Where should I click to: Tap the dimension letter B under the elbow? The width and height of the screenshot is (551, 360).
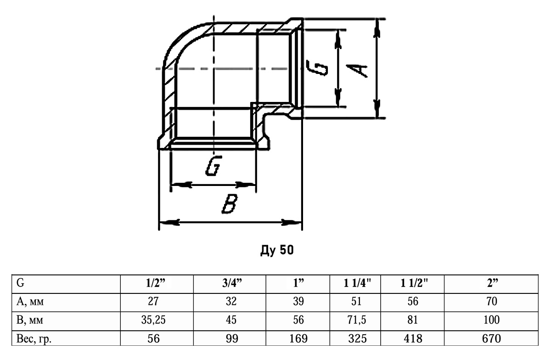(x=230, y=203)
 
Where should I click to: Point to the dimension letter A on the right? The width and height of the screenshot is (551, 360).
(x=357, y=71)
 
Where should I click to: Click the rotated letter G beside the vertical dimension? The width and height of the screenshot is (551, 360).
(x=317, y=68)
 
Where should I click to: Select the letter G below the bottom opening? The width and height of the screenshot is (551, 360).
(x=214, y=166)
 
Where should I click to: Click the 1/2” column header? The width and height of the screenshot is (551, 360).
(x=156, y=283)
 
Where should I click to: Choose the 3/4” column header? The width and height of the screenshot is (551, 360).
(x=232, y=283)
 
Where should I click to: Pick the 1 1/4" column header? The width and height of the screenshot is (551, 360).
(x=357, y=283)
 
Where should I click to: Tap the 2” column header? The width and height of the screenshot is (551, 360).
(x=492, y=283)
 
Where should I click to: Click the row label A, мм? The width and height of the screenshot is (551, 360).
(x=30, y=301)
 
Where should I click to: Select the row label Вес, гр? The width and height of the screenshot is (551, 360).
(x=34, y=339)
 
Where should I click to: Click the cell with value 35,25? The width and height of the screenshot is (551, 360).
(x=153, y=320)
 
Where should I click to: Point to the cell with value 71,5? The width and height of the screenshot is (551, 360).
(x=357, y=320)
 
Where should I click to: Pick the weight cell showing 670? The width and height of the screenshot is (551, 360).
(x=491, y=339)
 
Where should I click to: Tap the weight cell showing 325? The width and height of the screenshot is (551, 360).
(x=357, y=339)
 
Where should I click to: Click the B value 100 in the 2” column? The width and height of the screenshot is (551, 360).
(x=491, y=320)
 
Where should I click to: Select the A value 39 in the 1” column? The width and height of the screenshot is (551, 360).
(x=298, y=301)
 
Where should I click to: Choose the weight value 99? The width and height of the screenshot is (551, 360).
(x=232, y=339)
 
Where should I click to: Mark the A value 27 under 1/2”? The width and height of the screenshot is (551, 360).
(x=153, y=301)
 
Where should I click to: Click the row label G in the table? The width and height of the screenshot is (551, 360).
(x=20, y=283)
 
